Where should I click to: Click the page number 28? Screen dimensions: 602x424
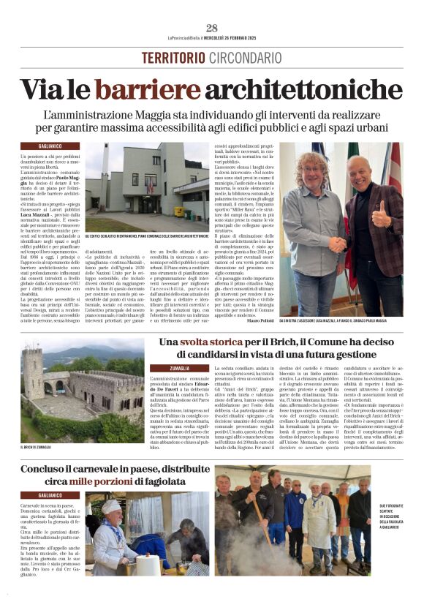pos(212,29)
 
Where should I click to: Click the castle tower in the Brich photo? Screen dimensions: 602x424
pos(33,373)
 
